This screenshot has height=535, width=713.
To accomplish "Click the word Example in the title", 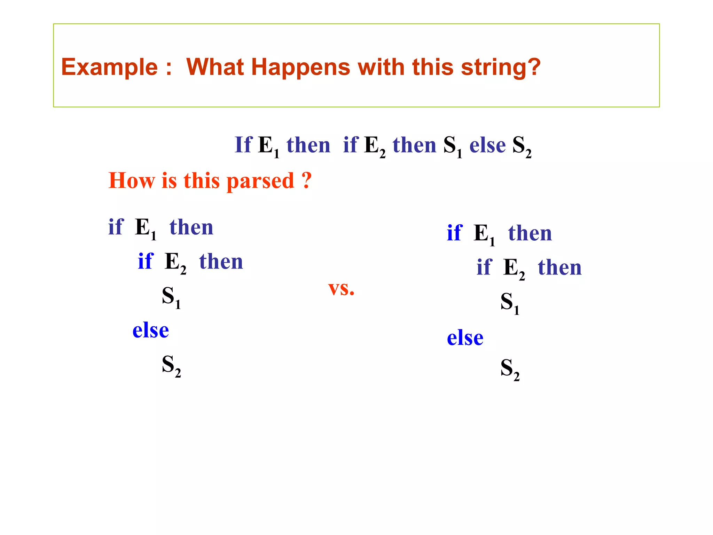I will [x=109, y=67].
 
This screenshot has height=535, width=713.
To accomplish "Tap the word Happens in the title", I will [x=300, y=67].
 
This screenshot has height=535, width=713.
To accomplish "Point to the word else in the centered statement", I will [x=487, y=145].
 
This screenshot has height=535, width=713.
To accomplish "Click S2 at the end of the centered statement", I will [x=522, y=146].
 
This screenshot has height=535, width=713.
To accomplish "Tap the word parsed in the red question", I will [x=260, y=181].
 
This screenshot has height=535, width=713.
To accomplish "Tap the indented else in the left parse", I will [x=150, y=330].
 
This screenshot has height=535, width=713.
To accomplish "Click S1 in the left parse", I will [x=171, y=297].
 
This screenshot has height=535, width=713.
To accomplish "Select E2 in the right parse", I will [x=514, y=269].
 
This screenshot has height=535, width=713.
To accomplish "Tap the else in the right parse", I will [x=465, y=338].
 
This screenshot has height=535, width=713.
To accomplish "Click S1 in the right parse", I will [x=510, y=303].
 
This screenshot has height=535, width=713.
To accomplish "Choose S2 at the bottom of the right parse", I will [x=510, y=369].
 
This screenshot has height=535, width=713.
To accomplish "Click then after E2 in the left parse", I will [x=221, y=262].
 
